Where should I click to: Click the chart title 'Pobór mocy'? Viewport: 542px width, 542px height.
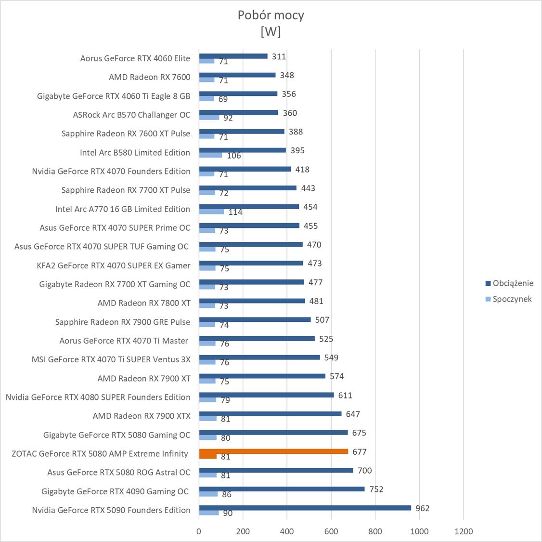pos(271,15)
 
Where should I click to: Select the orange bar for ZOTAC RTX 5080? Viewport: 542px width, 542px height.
pos(273,451)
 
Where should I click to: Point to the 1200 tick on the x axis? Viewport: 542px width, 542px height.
pos(464,531)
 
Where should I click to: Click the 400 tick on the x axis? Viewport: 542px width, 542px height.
pos(287,531)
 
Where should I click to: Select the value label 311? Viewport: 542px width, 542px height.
pos(279,56)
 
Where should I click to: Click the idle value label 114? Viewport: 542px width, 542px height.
pos(235,212)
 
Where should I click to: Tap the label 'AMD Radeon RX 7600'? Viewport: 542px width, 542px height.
pos(149,77)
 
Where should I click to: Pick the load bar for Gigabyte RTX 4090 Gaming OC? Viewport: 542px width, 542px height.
pos(282,489)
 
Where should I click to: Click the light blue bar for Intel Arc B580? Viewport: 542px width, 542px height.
pos(210,155)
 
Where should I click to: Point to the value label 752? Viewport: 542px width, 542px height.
pos(376,489)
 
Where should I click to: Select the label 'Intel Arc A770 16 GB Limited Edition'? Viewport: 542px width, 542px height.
pos(122,209)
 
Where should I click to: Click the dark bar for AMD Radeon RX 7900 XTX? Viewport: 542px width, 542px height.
pos(270,414)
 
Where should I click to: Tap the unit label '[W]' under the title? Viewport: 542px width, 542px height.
pos(271,32)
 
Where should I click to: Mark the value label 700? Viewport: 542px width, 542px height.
pos(364,471)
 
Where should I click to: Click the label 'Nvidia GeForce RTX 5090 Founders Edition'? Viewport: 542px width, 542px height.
pos(111,510)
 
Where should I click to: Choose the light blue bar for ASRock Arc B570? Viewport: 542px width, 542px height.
pos(209,118)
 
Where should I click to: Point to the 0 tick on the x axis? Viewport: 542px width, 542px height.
pos(199,531)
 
